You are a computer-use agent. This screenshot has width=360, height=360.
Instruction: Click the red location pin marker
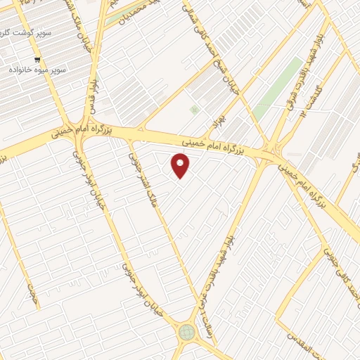(181, 166)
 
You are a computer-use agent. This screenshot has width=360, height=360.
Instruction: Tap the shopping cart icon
(37, 60)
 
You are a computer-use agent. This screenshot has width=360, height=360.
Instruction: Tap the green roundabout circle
(186, 332)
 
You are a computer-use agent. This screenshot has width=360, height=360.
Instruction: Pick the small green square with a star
(194, 109)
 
